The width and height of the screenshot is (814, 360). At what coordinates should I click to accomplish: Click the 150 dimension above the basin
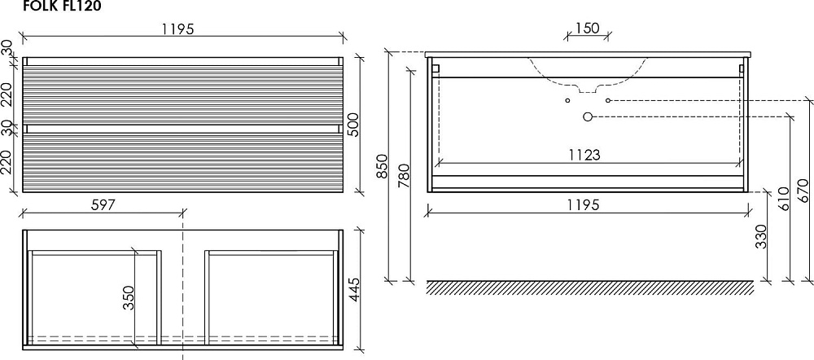(x=588, y=28)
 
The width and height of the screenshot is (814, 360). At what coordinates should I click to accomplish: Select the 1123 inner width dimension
(x=584, y=155)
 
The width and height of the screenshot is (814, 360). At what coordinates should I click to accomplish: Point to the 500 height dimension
(x=353, y=125)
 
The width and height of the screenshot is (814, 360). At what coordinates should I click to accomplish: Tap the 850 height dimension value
(x=382, y=166)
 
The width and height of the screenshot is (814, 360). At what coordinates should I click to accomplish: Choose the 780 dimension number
(x=405, y=176)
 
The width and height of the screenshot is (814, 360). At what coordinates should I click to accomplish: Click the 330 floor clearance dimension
(x=760, y=236)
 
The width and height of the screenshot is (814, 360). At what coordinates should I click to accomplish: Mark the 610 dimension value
(x=783, y=199)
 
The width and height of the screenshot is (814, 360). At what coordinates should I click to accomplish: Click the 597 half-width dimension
(x=103, y=204)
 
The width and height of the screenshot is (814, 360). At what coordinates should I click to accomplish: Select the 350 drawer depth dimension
(x=129, y=297)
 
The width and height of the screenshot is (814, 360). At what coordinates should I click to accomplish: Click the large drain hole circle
(x=587, y=117)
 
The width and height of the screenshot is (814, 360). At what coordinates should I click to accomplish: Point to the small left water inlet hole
(x=567, y=100)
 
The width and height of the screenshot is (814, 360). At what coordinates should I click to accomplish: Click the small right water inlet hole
(x=608, y=100)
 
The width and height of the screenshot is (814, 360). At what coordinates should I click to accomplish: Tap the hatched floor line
(x=590, y=288)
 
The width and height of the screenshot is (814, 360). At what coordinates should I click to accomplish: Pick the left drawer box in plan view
(x=94, y=297)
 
